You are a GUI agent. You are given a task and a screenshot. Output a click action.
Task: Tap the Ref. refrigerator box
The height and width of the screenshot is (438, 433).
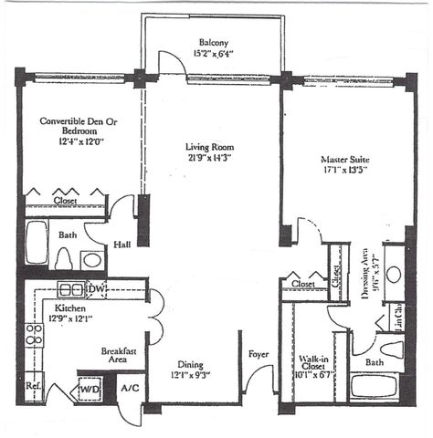click(34, 386)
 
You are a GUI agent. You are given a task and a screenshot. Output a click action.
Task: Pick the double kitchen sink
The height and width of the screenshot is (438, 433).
click(71, 290)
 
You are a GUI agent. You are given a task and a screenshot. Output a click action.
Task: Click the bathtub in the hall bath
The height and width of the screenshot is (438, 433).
click(37, 245)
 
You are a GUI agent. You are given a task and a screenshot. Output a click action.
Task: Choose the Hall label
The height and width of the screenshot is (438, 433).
click(121, 244)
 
